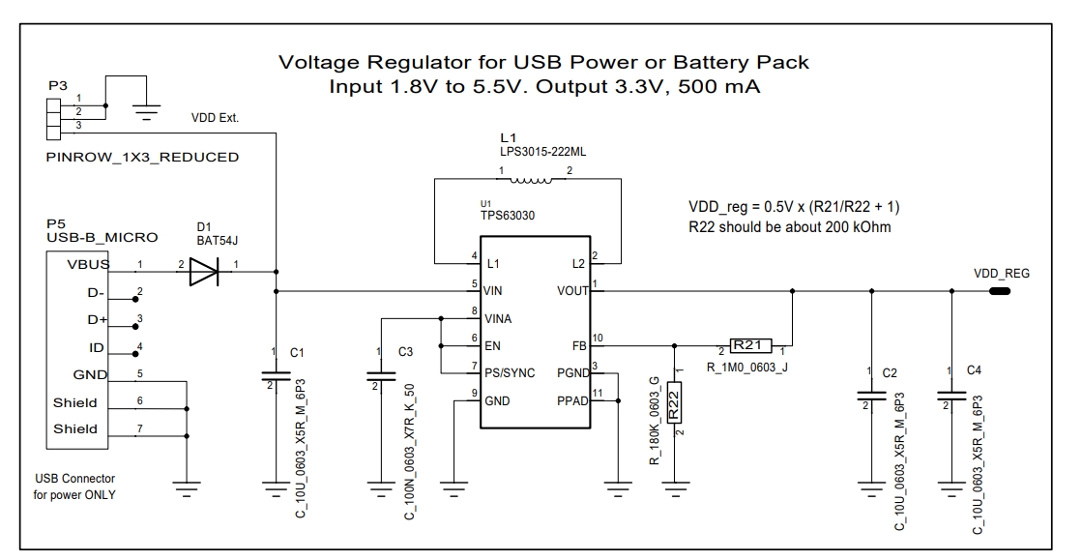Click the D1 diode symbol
[204, 273]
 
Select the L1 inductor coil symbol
[529, 179]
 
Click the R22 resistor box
[676, 403]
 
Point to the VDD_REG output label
[1002, 274]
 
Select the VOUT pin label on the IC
[573, 290]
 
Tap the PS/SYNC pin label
[511, 373]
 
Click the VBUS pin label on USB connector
[88, 264]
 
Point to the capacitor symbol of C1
[277, 376]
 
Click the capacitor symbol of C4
[952, 396]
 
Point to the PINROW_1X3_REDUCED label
[143, 157]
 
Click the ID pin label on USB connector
[95, 347]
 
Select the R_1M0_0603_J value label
[747, 366]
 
